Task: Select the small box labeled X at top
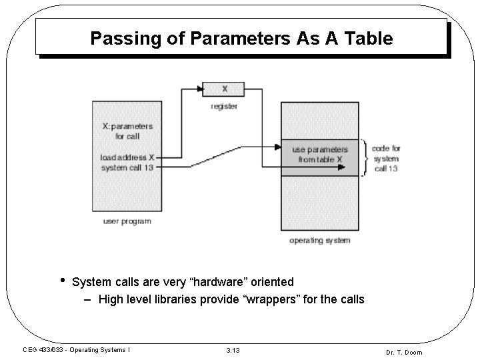(224, 89)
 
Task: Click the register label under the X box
(224, 106)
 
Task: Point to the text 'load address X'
(127, 158)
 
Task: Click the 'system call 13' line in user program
(127, 167)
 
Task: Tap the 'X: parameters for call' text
(127, 131)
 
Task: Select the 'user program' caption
(127, 221)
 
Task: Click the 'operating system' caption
(319, 240)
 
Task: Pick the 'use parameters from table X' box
(320, 155)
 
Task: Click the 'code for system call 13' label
(386, 158)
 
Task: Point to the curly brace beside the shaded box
(364, 158)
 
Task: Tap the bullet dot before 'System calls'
(63, 280)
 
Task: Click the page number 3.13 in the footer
(233, 350)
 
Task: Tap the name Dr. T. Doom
(404, 352)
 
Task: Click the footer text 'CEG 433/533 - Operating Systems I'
(76, 349)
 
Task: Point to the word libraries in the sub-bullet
(175, 299)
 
